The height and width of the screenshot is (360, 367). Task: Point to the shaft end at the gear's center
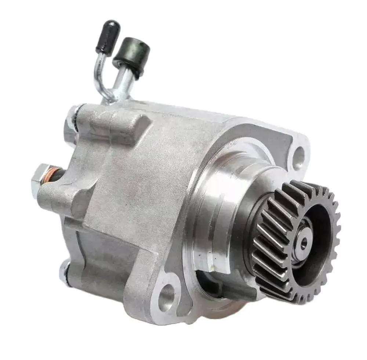point(304,242)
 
